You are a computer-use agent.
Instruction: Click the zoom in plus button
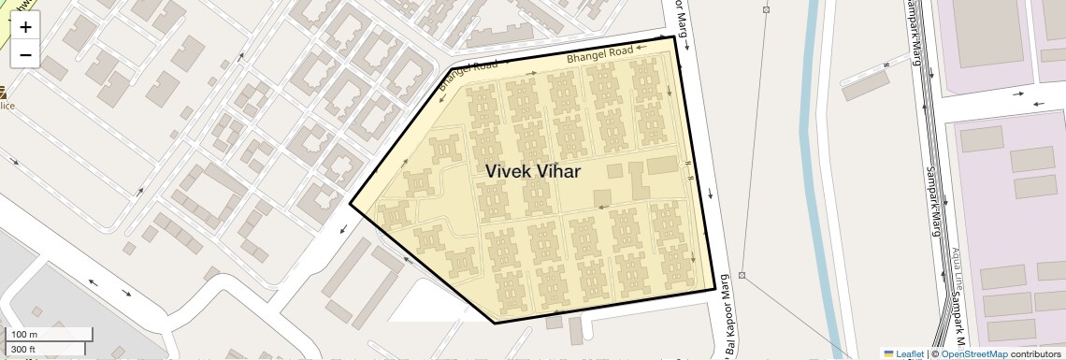click(25, 27)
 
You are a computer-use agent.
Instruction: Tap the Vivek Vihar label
click(533, 171)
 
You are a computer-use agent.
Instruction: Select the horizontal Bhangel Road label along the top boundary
click(600, 53)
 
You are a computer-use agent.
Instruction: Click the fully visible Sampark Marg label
click(932, 201)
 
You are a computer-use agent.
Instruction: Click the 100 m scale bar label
click(24, 335)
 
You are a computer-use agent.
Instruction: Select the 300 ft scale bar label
click(23, 349)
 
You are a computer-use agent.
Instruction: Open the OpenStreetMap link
click(973, 353)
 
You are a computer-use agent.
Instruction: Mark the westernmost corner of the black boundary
click(351, 203)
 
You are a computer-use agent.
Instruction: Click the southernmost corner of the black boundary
click(495, 323)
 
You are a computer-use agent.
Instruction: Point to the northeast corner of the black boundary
click(674, 36)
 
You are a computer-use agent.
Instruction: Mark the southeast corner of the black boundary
click(715, 289)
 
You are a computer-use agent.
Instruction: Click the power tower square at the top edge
click(766, 9)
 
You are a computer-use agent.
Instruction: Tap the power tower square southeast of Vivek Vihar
click(742, 275)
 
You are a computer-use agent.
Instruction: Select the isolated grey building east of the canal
click(866, 85)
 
